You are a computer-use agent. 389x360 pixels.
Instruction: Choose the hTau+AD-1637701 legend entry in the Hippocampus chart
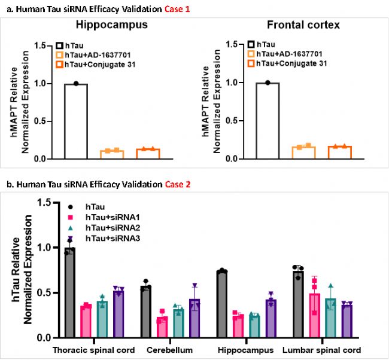96,54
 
